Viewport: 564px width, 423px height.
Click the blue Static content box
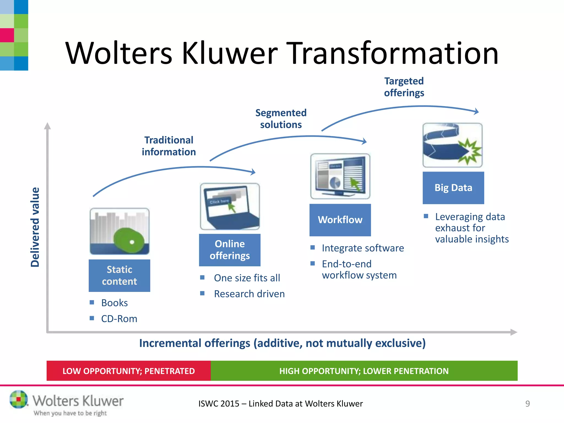click(119, 275)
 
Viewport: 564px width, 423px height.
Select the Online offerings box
click(230, 250)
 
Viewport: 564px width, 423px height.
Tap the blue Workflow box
click(340, 220)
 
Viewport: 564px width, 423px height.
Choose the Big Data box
click(453, 188)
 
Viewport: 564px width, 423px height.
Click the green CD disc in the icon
click(129, 240)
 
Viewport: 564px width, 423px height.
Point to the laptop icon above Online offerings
click(230, 207)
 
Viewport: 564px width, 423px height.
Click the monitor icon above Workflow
click(340, 176)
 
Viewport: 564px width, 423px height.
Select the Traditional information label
click(169, 146)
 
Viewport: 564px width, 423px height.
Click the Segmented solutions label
click(281, 119)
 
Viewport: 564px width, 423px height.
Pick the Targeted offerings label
click(404, 87)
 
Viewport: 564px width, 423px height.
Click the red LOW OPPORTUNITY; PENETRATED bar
click(129, 371)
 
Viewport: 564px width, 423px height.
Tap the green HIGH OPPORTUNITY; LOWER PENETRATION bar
click(364, 371)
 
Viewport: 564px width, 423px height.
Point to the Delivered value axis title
click(35, 227)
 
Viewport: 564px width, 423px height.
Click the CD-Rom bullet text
click(119, 319)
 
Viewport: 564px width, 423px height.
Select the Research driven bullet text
click(249, 294)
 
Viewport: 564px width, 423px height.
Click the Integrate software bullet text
click(363, 248)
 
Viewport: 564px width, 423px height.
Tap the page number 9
click(527, 404)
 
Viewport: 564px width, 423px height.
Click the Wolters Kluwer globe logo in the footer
click(19, 399)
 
